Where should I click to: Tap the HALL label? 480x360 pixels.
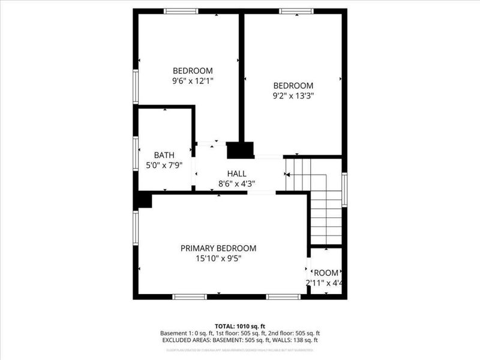[236, 173]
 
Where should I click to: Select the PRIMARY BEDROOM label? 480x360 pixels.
[218, 248]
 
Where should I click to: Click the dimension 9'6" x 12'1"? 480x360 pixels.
[193, 80]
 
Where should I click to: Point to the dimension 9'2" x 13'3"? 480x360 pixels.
[293, 95]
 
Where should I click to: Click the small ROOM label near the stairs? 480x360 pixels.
[326, 272]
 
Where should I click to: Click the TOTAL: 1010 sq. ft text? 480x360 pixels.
[239, 325]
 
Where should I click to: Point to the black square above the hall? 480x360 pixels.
[240, 149]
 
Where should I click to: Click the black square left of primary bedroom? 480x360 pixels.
[143, 200]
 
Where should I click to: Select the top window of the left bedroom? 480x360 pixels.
[181, 11]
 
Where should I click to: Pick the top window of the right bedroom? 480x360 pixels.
[296, 11]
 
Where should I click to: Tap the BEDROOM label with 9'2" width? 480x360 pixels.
[293, 85]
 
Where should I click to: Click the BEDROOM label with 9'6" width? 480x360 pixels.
[193, 70]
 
